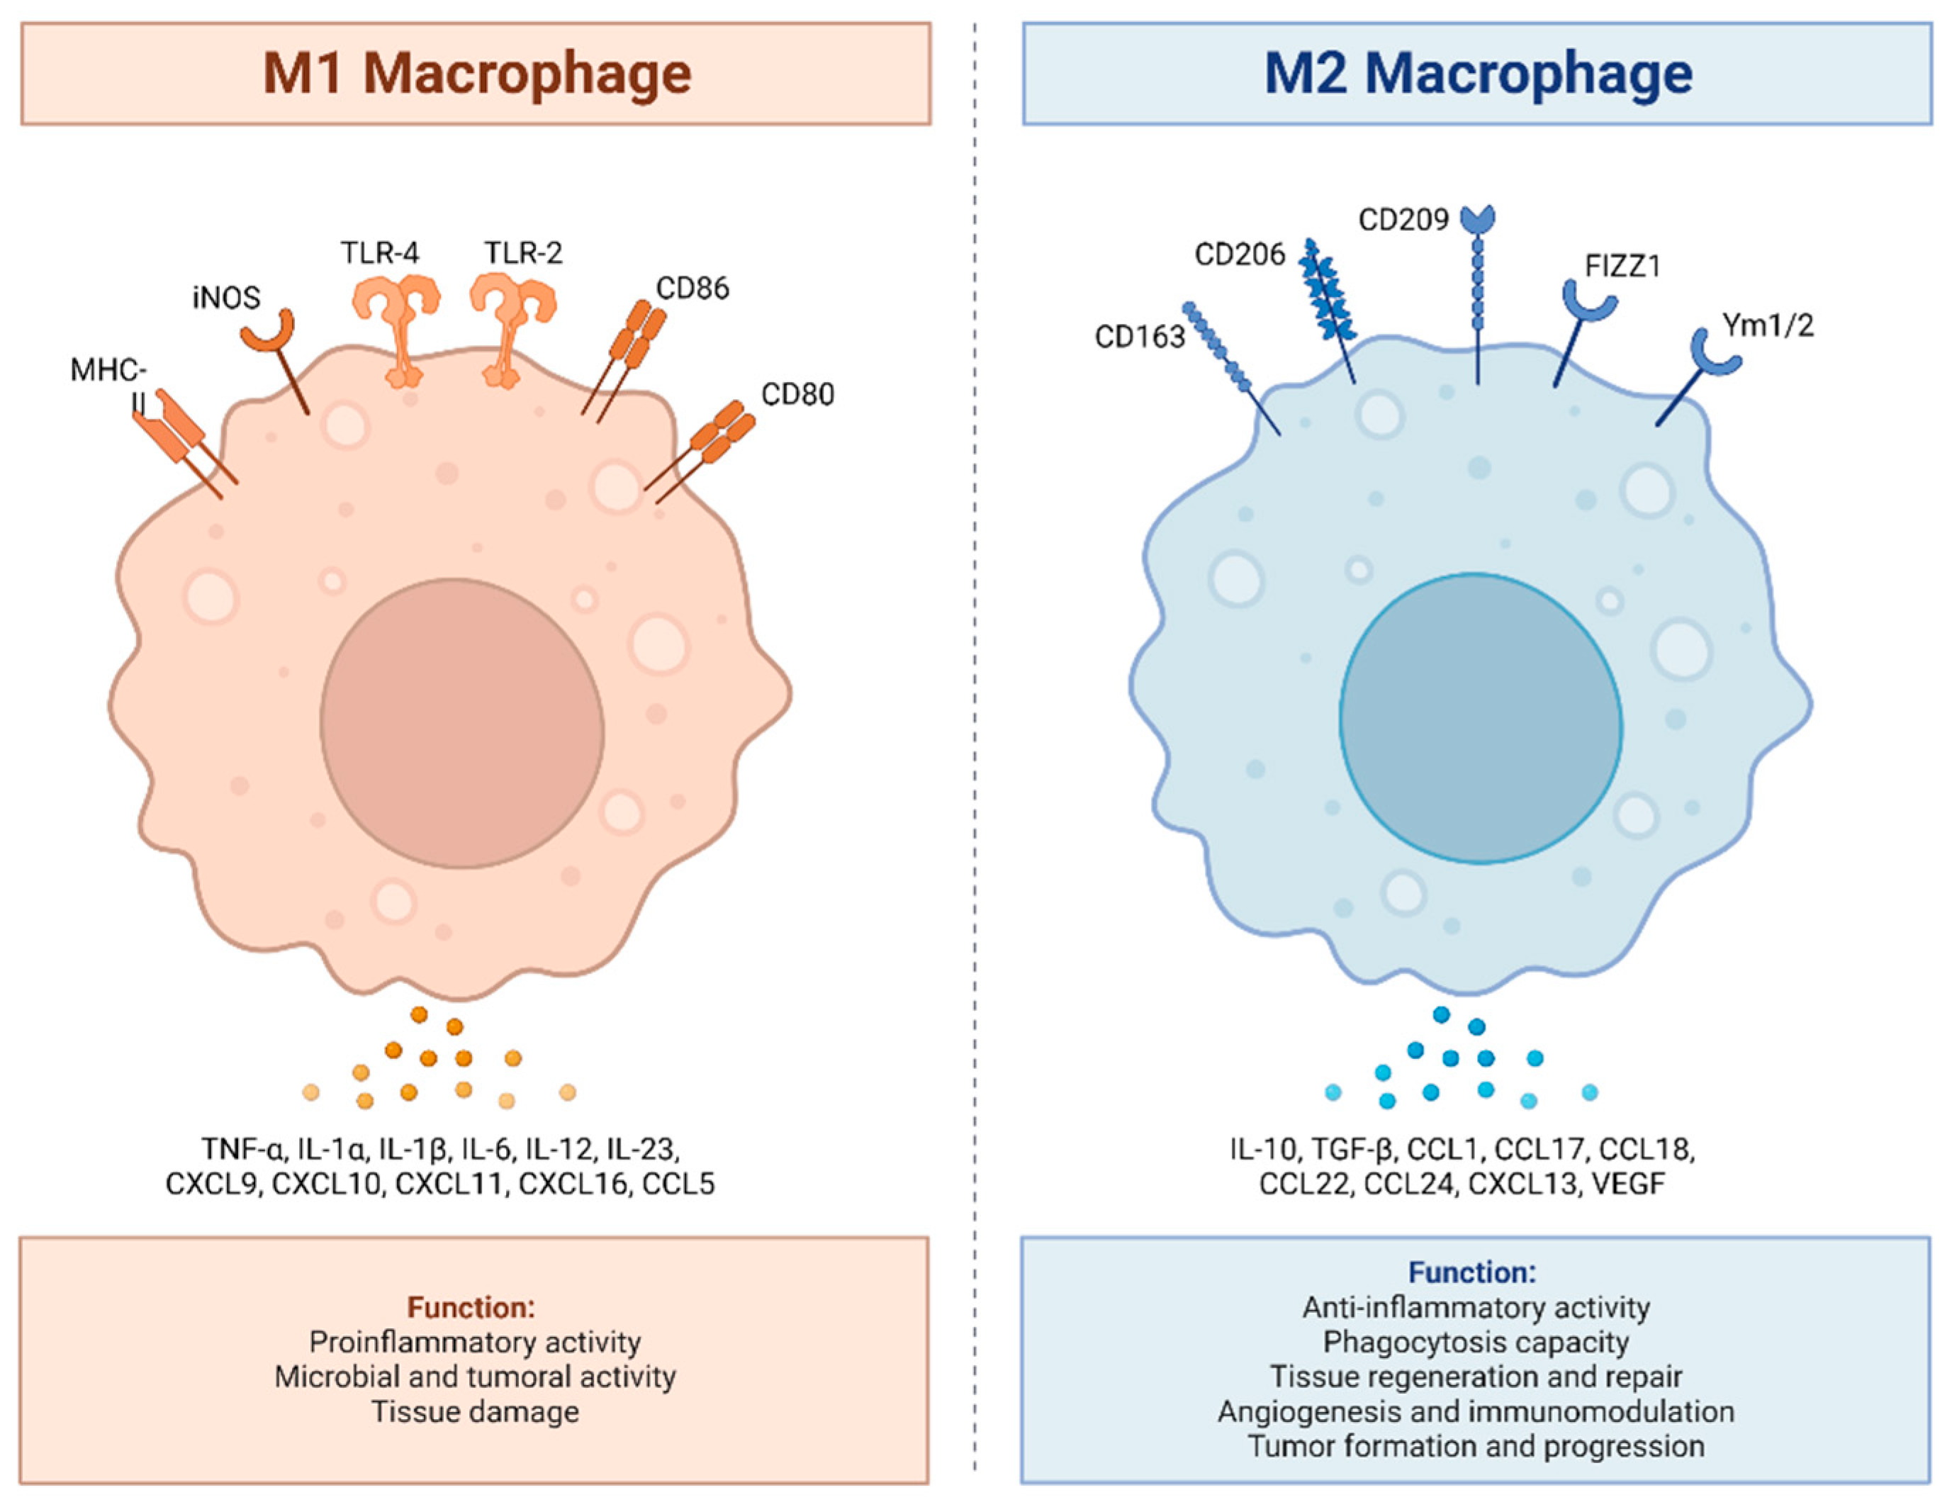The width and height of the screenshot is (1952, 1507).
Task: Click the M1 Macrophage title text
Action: [x=476, y=73]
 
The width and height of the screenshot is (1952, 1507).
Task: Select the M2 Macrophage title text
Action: [x=1477, y=73]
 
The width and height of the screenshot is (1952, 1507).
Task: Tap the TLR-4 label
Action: [x=379, y=254]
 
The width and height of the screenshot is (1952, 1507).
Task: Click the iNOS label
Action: [x=226, y=298]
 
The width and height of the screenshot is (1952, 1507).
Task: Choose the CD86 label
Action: [x=692, y=288]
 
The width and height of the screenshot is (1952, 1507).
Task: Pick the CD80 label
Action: [x=797, y=394]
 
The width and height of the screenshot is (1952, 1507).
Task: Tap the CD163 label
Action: [x=1140, y=337]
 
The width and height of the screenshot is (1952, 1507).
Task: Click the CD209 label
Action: [x=1403, y=220]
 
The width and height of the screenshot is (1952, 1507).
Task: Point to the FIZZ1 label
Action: [x=1622, y=267]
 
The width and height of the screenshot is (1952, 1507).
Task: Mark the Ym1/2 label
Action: [x=1768, y=326]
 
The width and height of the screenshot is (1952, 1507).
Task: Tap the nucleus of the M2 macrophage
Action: [x=1480, y=718]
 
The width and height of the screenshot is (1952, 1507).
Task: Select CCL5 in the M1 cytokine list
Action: [x=678, y=1184]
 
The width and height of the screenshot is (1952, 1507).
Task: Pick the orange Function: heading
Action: [x=471, y=1308]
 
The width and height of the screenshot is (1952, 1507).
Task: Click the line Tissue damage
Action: [x=476, y=1411]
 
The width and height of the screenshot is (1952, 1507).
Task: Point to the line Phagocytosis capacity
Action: [x=1476, y=1342]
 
